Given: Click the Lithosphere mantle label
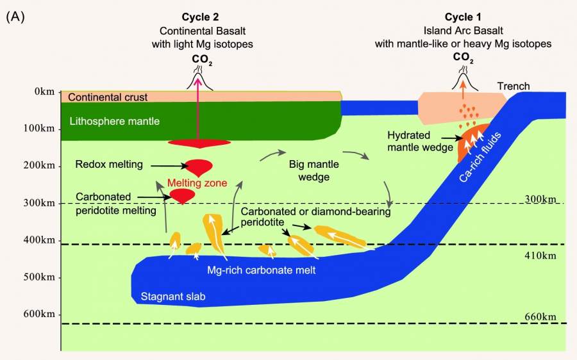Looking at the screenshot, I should (x=114, y=120).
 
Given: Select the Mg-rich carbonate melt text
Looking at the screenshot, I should (x=262, y=270).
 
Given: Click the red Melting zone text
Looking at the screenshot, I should (x=197, y=183).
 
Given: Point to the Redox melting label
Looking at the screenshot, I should (x=109, y=165).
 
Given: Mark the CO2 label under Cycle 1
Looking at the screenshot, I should (x=463, y=57).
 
